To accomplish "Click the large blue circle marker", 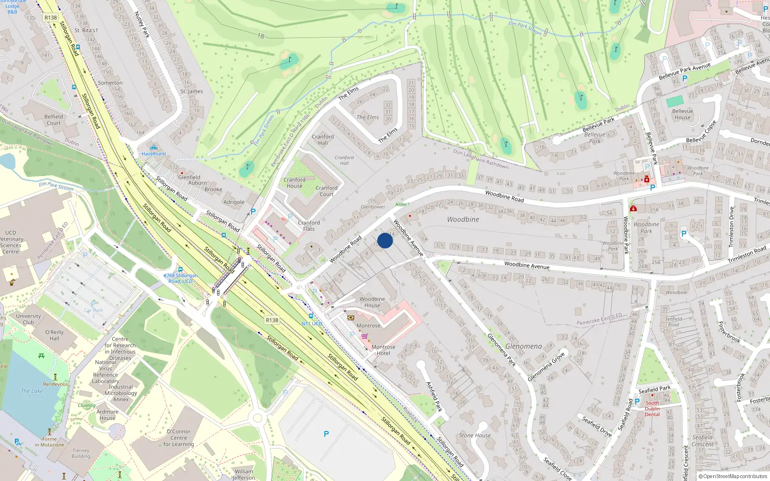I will click(385, 240).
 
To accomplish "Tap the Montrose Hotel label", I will click(383, 350).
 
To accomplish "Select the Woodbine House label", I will click(372, 302).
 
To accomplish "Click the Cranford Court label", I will click(326, 191).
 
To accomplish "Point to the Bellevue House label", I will click(682, 114).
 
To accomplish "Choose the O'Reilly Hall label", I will click(54, 335).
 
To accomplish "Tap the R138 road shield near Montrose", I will click(272, 320).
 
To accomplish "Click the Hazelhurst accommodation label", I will click(154, 154).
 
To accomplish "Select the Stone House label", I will click(475, 435).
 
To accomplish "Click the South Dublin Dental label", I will click(652, 409).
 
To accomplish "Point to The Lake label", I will click(32, 391).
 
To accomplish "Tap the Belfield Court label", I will click(53, 120).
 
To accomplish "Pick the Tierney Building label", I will click(81, 453).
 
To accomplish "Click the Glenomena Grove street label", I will click(546, 367).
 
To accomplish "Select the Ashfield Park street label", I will click(434, 396).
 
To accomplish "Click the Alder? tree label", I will click(402, 204).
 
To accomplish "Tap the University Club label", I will click(28, 319).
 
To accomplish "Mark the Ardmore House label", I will click(107, 415).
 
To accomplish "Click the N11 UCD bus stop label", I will click(312, 324).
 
